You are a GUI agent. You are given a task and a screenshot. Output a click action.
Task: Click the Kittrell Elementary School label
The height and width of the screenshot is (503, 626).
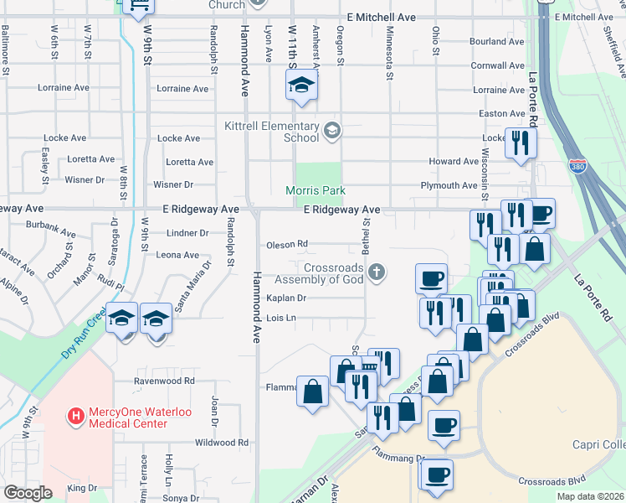pyautogui.click(x=272, y=132)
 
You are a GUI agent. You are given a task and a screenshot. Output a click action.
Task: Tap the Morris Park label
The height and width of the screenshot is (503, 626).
pyautogui.click(x=316, y=191)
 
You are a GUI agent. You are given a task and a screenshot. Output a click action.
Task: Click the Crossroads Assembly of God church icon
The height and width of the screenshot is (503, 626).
pyautogui.click(x=377, y=271)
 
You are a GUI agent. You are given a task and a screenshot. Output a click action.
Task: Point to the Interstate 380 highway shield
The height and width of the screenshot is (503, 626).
pyautogui.click(x=578, y=167)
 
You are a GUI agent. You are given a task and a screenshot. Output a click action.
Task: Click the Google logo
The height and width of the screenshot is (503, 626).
pyautogui.click(x=28, y=493)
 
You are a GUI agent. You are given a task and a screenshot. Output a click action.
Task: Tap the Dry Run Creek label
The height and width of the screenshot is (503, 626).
pyautogui.click(x=85, y=336)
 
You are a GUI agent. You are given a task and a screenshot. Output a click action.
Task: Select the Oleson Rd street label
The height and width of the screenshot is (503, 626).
pyautogui.click(x=287, y=245)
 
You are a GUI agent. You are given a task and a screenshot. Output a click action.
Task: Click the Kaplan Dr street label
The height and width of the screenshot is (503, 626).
pyautogui.click(x=286, y=298)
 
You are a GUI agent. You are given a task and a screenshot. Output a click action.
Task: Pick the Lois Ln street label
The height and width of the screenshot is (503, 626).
pyautogui.click(x=281, y=319)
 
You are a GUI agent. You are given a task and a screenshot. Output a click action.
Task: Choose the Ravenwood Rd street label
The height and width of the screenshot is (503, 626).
pyautogui.click(x=165, y=380)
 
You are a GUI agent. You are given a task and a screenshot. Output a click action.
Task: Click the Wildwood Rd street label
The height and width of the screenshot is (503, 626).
pyautogui.click(x=221, y=442)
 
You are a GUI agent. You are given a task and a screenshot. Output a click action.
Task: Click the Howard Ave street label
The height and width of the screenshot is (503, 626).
pyautogui.click(x=453, y=162)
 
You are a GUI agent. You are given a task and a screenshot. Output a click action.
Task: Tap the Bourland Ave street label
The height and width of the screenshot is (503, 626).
pyautogui.click(x=497, y=41)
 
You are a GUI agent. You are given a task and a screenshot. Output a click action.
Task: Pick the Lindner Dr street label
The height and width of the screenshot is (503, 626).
pyautogui.click(x=187, y=233)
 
